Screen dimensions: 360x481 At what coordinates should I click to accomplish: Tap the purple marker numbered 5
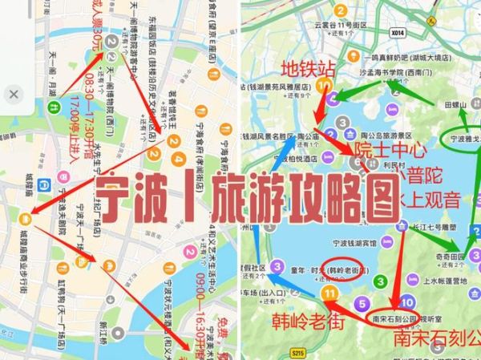(x=364, y=303)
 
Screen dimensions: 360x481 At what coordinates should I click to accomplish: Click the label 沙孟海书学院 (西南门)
(x=360, y=71)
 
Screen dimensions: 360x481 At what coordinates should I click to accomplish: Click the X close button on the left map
(x=15, y=95)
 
